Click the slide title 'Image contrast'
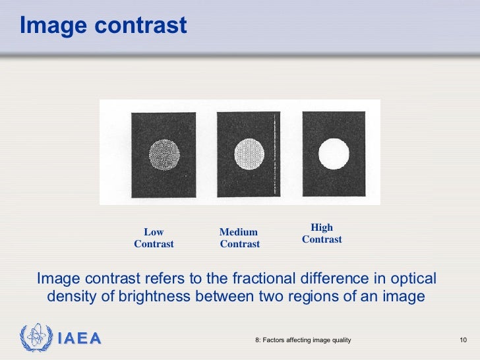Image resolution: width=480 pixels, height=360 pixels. point(103,25)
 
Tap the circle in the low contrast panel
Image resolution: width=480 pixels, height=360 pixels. point(164,155)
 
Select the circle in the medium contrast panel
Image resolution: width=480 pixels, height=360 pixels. point(249,154)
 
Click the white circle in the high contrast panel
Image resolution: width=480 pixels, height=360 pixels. point(333,153)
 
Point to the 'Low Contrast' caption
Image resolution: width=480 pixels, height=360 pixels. point(154,238)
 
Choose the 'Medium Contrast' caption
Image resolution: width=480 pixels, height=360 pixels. point(239,238)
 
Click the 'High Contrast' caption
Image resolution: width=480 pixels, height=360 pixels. point(322,233)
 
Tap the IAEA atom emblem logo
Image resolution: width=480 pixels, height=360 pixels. point(33,338)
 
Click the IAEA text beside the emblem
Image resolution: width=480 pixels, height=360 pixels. point(79,339)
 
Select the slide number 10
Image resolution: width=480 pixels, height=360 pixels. point(463,340)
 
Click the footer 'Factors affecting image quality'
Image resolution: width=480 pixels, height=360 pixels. point(303,340)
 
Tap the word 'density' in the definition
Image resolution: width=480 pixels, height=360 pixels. point(71,297)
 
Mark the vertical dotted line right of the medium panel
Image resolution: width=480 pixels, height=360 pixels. point(274,156)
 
